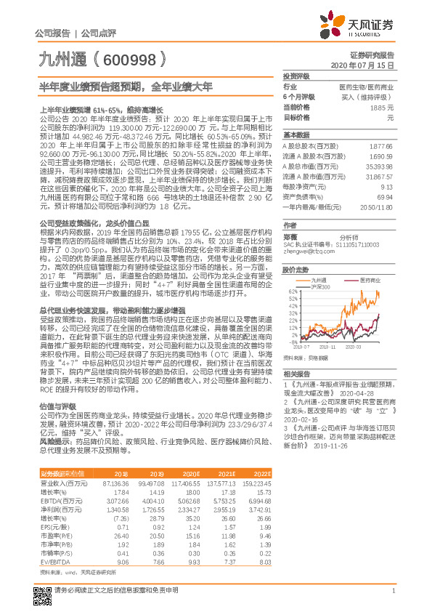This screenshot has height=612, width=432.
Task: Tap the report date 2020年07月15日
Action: [x=372, y=65]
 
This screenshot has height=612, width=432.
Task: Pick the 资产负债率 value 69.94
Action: [x=386, y=196]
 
